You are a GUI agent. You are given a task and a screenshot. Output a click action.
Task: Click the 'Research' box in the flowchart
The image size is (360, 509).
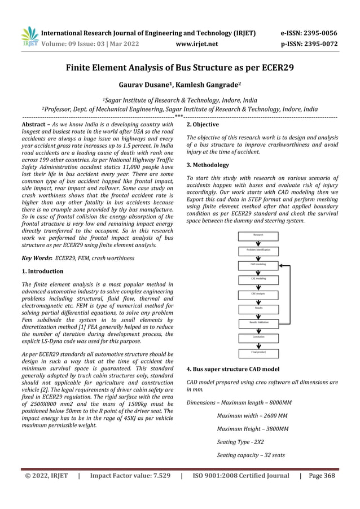point(258,234)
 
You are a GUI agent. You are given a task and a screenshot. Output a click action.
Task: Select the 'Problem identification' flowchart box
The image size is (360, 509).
point(258,249)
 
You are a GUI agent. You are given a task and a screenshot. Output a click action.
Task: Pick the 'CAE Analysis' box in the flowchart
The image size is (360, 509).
point(258,293)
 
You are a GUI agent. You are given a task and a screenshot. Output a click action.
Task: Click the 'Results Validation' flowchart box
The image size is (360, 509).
point(258,322)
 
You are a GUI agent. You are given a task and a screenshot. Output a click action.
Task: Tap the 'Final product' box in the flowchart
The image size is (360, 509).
point(258,352)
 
